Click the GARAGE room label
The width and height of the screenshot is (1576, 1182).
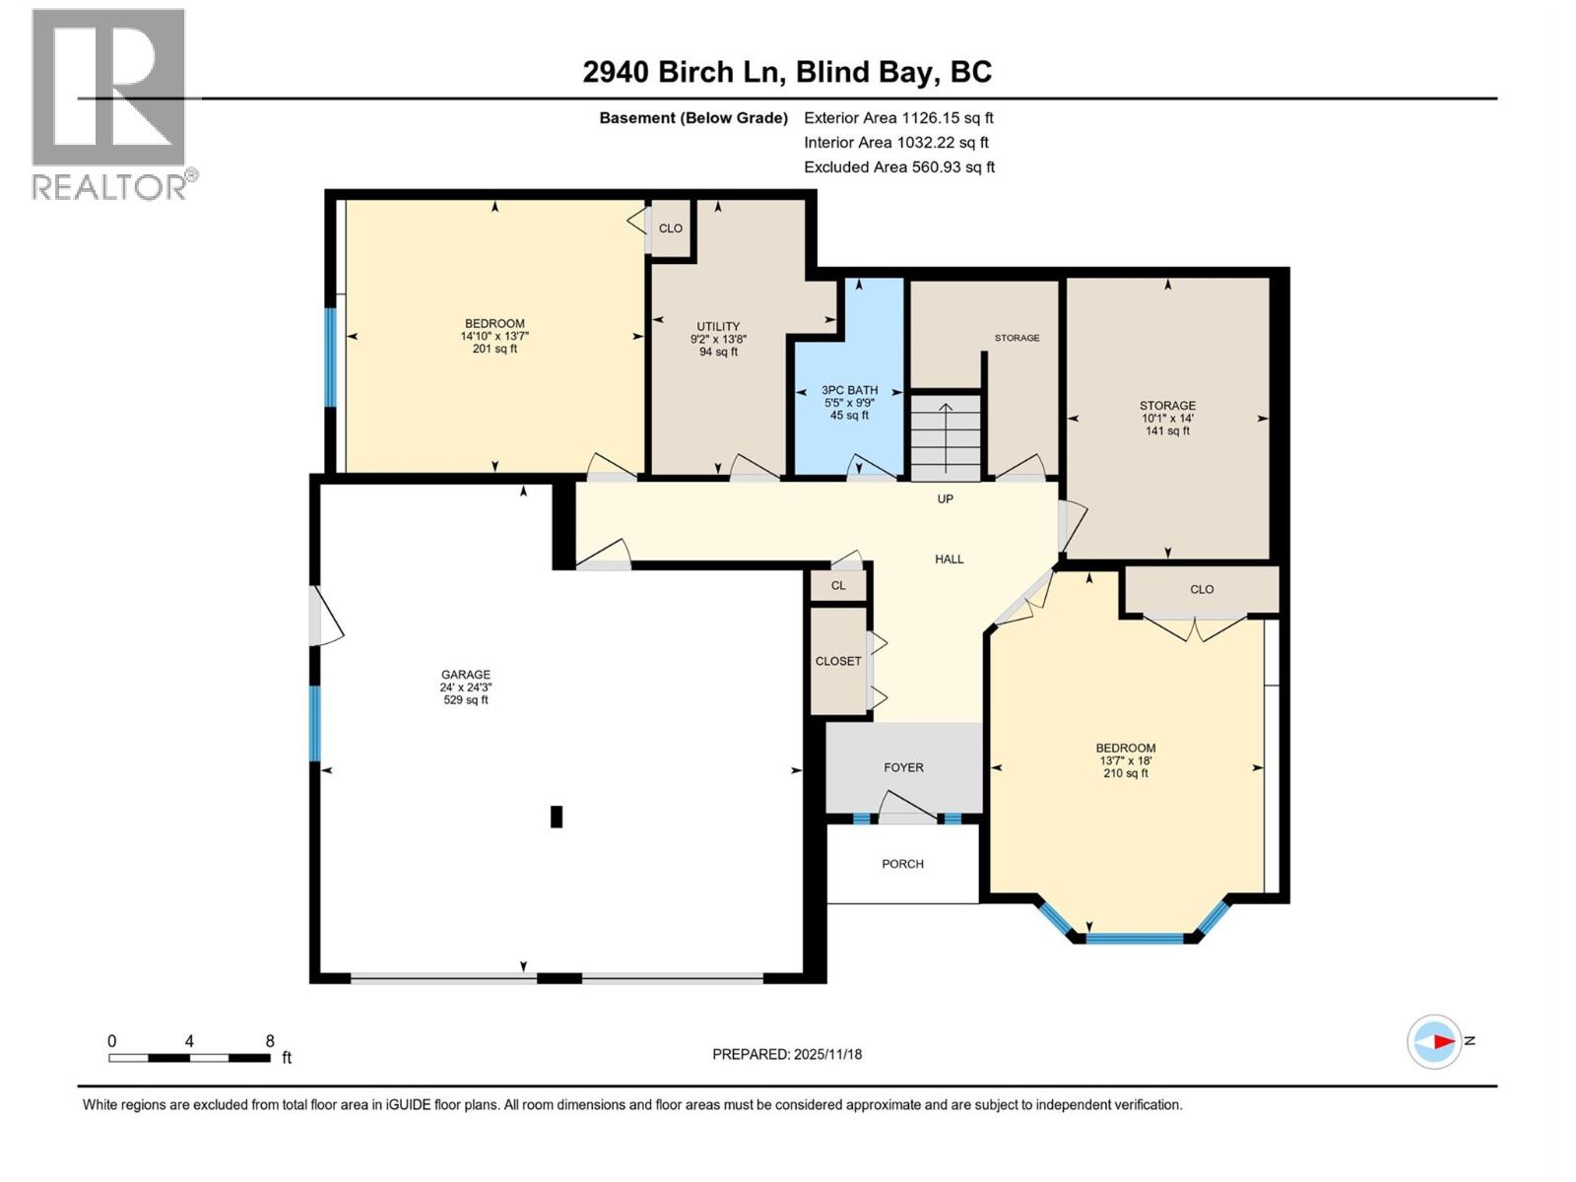[465, 675]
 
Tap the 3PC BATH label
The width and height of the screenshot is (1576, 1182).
[849, 390]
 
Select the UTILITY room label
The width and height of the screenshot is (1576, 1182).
[718, 327]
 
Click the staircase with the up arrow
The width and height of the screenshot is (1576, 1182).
[945, 436]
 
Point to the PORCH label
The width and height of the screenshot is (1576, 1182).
[902, 864]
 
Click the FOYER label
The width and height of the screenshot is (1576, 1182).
[903, 767]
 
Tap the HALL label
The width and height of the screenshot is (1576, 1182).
[949, 559]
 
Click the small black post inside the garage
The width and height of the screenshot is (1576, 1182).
[557, 817]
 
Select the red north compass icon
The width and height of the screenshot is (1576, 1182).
[1434, 1041]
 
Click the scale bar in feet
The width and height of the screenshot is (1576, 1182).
[189, 1058]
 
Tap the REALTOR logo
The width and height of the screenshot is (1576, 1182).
[110, 103]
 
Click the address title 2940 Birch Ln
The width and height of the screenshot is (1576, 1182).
[787, 72]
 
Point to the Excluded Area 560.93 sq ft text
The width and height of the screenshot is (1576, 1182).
[898, 167]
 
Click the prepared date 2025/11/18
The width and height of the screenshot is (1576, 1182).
[787, 1054]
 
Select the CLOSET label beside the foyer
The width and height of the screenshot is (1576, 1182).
[838, 661]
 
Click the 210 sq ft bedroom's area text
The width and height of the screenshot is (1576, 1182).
[1125, 774]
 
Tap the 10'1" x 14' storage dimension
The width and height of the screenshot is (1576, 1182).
[1167, 419]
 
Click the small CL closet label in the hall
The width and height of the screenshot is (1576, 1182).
[838, 585]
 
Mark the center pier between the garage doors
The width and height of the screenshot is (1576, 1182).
[559, 978]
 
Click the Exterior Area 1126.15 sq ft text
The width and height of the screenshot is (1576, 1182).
[898, 118]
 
